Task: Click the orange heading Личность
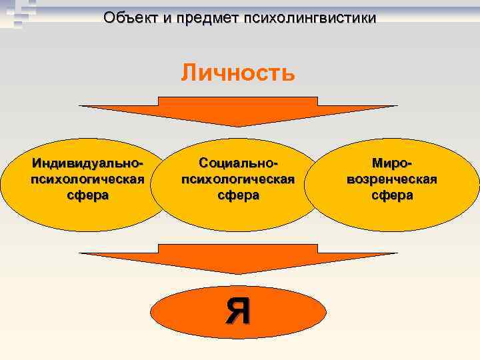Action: pyautogui.click(x=237, y=72)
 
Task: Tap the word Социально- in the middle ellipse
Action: pyautogui.click(x=237, y=163)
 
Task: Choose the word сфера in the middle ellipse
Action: pyautogui.click(x=237, y=195)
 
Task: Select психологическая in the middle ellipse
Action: pyautogui.click(x=237, y=179)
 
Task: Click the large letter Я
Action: pyautogui.click(x=238, y=311)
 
